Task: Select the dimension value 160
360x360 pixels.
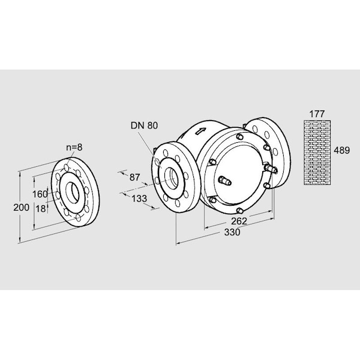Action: (40, 194)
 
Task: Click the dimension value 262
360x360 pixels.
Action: (239, 221)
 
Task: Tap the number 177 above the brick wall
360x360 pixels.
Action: (316, 113)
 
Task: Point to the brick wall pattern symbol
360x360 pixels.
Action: (316, 152)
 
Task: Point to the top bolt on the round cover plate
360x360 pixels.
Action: (240, 137)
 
